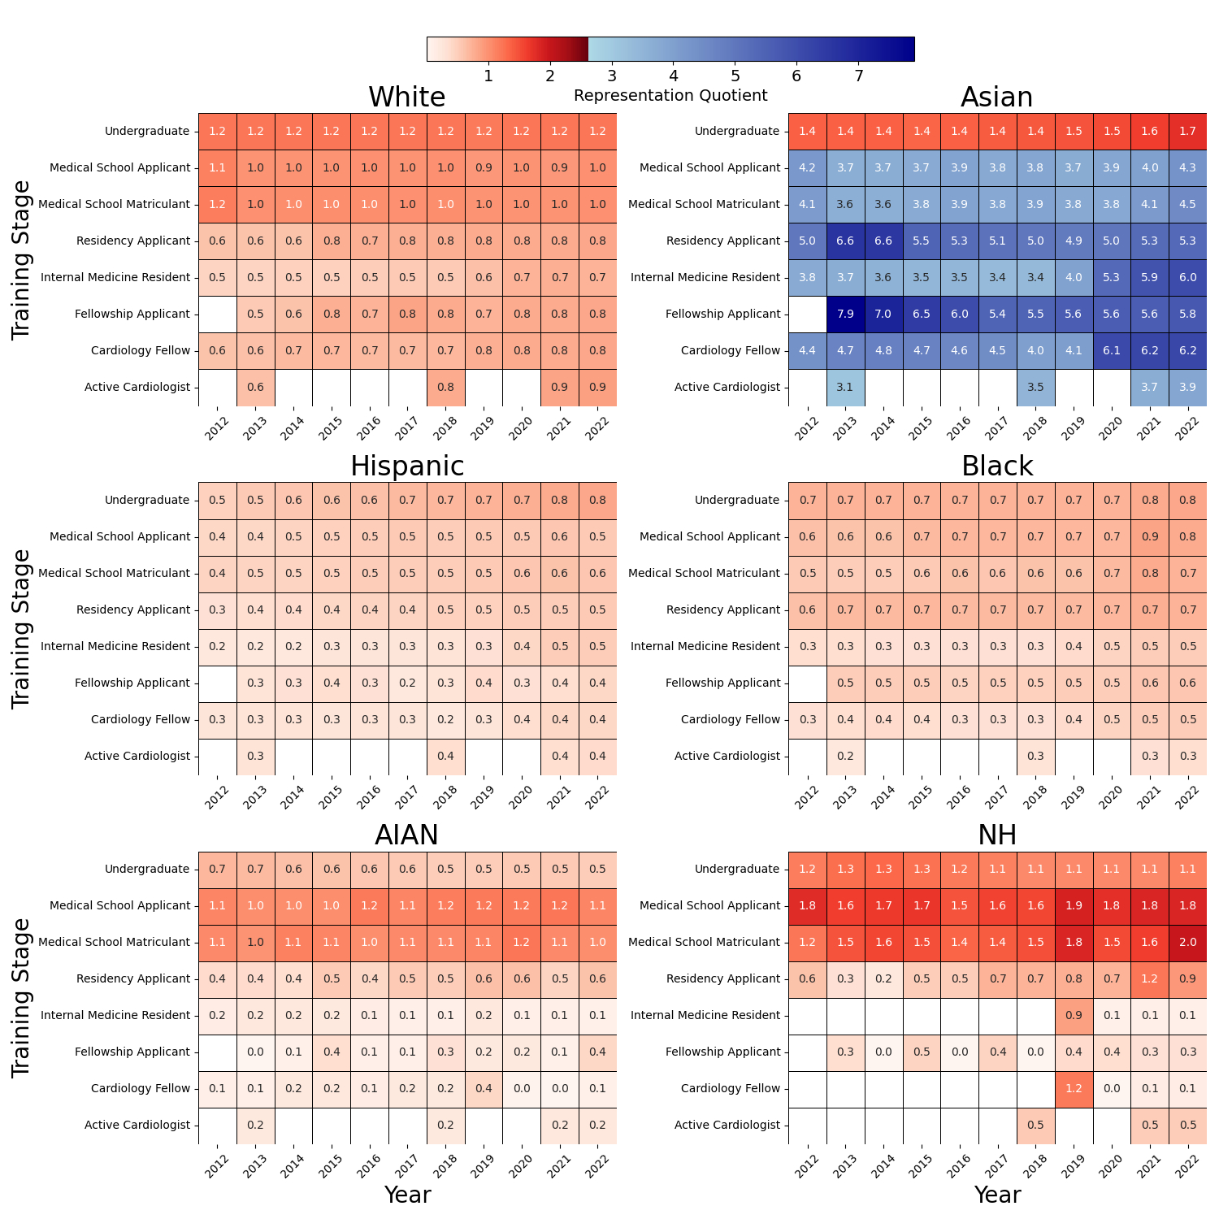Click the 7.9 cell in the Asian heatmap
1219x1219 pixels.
[845, 315]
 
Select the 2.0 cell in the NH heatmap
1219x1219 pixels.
[1187, 943]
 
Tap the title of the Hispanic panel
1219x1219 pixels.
[407, 466]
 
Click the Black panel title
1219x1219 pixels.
[997, 466]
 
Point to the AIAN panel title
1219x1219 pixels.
[407, 835]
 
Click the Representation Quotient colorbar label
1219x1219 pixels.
[670, 96]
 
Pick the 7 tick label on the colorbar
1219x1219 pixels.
[858, 76]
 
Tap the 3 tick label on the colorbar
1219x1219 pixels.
[612, 76]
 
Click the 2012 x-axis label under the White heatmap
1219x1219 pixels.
[217, 429]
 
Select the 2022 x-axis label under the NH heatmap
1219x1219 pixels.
[1187, 1167]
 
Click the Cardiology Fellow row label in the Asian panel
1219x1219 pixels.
[731, 351]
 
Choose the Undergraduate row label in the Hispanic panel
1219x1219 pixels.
[147, 501]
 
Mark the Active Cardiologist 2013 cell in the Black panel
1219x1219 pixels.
[845, 757]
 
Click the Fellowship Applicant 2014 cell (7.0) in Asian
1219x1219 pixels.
[883, 315]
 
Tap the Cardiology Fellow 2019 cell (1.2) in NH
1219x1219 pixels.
[1074, 1089]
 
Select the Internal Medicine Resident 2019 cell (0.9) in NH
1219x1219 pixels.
[1074, 1016]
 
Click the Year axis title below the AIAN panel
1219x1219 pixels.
[407, 1195]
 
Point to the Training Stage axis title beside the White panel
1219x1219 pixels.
[22, 260]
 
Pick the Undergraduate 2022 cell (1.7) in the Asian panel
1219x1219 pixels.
[1187, 132]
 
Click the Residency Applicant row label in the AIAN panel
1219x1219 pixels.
[133, 979]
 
